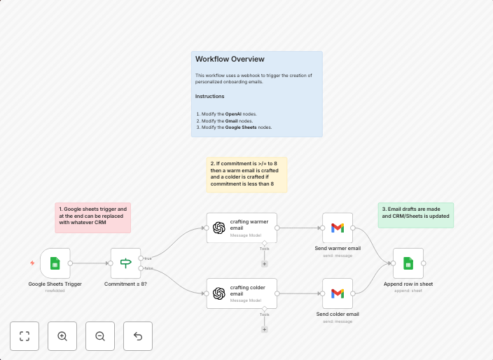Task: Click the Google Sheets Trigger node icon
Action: (x=55, y=263)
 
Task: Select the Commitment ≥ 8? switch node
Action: (x=126, y=263)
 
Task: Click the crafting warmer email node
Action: (x=242, y=228)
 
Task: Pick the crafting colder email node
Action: (x=242, y=293)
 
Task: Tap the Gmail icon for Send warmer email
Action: (x=338, y=228)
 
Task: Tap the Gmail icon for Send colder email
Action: (x=338, y=293)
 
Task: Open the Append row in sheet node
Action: (x=408, y=263)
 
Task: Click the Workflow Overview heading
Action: (x=230, y=60)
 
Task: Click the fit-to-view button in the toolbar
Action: (x=25, y=336)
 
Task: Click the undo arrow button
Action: (x=138, y=336)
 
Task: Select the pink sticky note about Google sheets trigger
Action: (x=92, y=218)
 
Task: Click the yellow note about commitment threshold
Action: (x=246, y=174)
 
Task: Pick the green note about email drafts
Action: (x=416, y=215)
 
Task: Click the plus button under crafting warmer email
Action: (x=264, y=263)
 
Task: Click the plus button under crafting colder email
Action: (x=264, y=328)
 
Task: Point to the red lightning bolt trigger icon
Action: (x=32, y=263)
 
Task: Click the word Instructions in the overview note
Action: (x=210, y=96)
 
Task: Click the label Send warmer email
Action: (x=338, y=248)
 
